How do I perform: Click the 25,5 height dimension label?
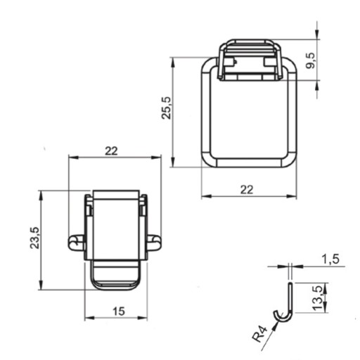pos(167,108)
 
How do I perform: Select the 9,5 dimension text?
pos(311,60)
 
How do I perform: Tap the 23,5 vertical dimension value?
pos(35,238)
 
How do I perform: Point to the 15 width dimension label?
pos(119,311)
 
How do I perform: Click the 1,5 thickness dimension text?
pos(330,259)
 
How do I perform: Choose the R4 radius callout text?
pos(259,334)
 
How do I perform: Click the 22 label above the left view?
pos(111,151)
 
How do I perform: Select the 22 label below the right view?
pos(247,190)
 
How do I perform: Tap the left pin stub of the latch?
pos(75,243)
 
